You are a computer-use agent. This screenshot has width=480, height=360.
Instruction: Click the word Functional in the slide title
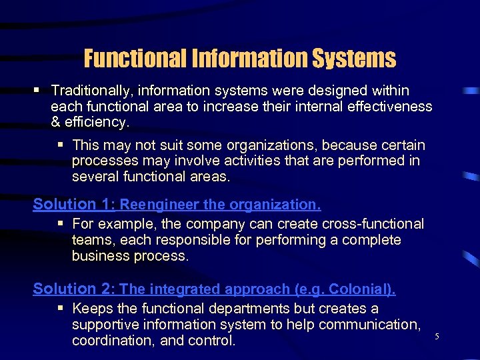coord(134,59)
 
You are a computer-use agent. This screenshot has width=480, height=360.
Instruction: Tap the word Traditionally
coord(89,90)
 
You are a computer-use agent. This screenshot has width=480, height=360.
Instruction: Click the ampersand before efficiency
coord(55,122)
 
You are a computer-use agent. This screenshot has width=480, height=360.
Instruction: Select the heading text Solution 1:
coord(74,204)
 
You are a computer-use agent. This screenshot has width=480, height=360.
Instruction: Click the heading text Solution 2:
coord(74,289)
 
